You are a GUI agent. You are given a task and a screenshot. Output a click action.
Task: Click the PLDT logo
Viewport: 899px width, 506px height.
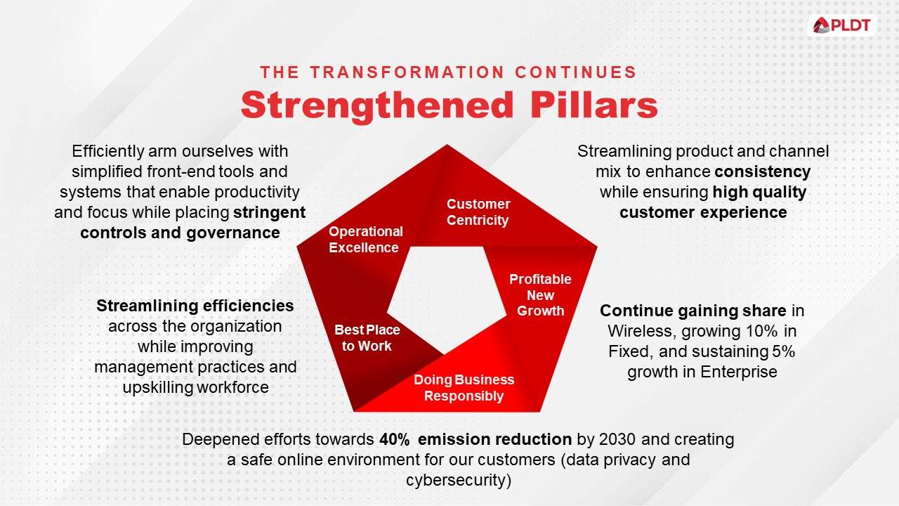click(841, 26)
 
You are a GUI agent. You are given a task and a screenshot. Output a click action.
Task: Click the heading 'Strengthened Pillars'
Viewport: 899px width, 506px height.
click(449, 105)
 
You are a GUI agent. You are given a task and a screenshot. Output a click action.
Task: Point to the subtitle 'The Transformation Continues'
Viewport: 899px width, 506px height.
click(449, 72)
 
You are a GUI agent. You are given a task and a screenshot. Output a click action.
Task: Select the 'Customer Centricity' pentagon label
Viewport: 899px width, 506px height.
click(478, 212)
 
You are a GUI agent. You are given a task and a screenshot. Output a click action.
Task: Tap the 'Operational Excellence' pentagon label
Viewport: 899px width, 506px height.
click(365, 239)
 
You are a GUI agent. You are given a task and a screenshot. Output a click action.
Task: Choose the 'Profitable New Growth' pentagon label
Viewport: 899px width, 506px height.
click(540, 295)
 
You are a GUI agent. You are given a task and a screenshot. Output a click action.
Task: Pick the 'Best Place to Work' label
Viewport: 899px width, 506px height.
click(367, 338)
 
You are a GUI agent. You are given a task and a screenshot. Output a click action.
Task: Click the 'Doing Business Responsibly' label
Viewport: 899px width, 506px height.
click(464, 388)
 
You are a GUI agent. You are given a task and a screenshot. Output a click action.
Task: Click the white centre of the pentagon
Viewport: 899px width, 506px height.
click(446, 299)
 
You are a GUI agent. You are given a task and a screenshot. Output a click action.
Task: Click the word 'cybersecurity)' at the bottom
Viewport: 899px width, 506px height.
click(458, 481)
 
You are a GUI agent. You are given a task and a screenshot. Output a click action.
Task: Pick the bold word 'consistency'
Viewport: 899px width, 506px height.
click(763, 171)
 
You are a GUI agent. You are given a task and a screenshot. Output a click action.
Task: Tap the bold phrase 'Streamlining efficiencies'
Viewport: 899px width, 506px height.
click(195, 306)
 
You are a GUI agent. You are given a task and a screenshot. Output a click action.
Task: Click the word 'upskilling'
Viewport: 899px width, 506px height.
click(157, 387)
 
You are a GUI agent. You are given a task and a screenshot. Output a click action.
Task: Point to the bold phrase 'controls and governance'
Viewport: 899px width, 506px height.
click(180, 233)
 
